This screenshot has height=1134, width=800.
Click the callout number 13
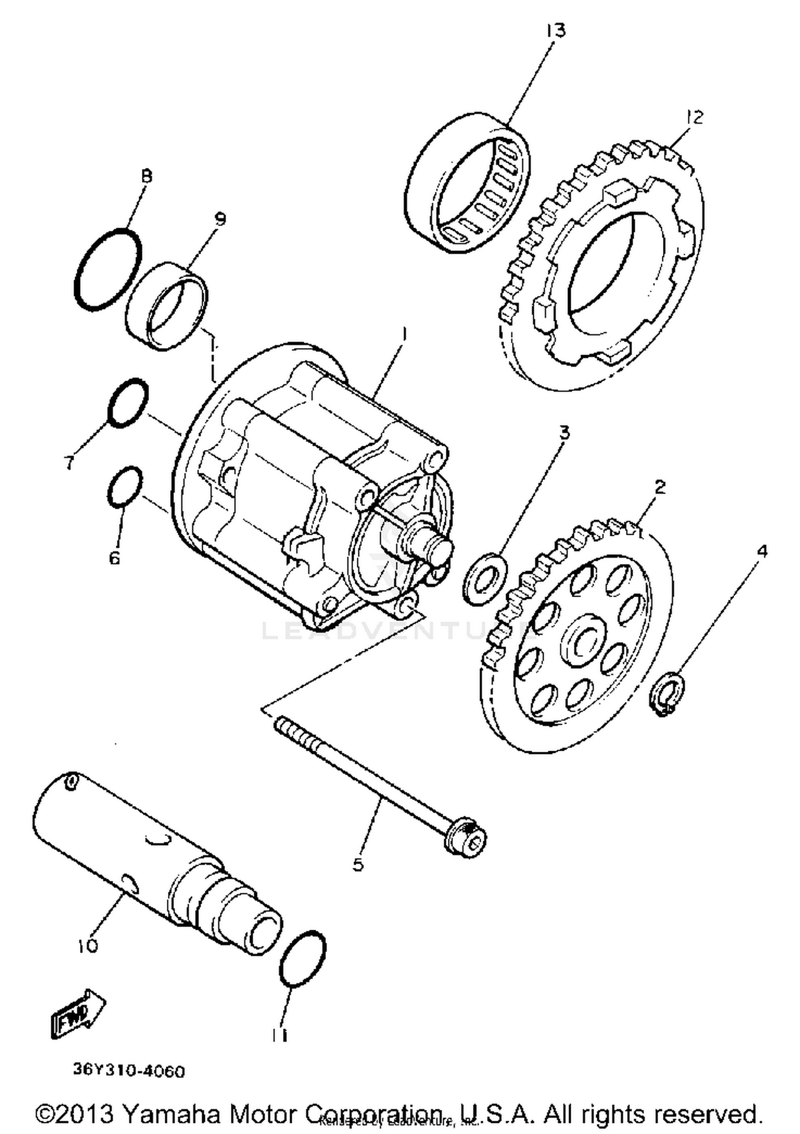(x=555, y=31)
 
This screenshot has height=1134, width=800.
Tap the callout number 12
(x=695, y=117)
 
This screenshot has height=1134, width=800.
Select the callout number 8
(x=146, y=175)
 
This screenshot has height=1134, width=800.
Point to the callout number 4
(x=762, y=551)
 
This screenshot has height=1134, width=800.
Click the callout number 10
(x=88, y=946)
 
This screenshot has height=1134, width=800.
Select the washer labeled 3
(x=484, y=579)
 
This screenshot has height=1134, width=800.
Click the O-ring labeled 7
(x=128, y=403)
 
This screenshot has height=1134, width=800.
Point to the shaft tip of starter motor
(x=442, y=549)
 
